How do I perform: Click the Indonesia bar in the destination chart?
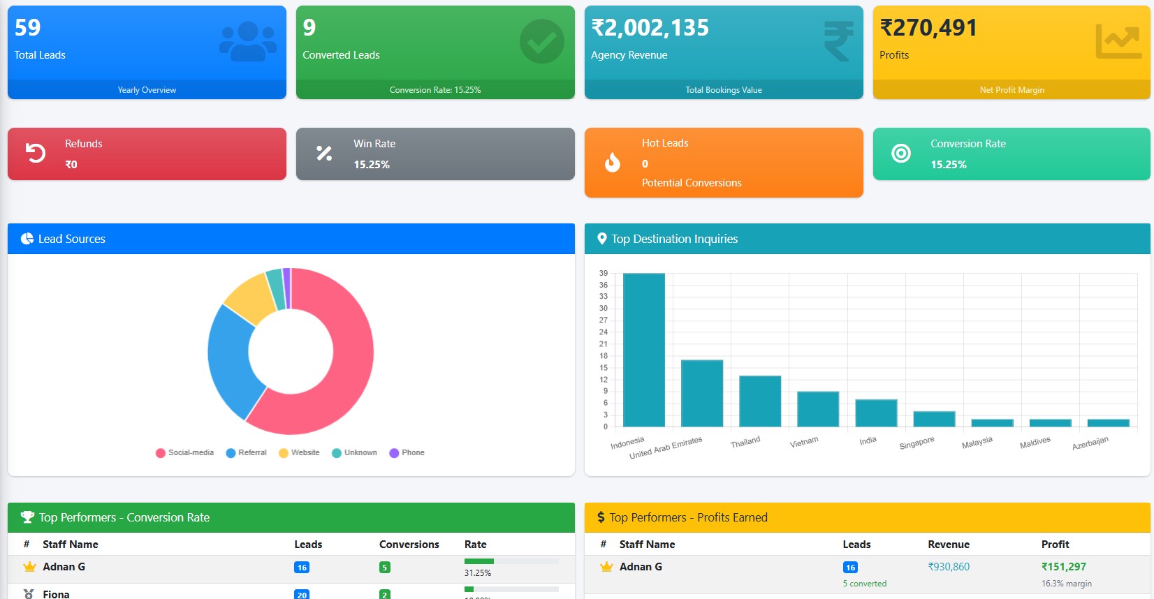click(x=643, y=349)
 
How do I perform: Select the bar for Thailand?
click(x=760, y=401)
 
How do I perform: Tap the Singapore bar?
click(x=934, y=419)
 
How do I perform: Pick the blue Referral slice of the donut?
click(x=231, y=356)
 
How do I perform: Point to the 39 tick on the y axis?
click(x=604, y=273)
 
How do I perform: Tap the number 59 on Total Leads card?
click(x=28, y=28)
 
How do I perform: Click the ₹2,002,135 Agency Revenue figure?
click(x=650, y=28)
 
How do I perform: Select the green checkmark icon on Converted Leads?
click(x=542, y=41)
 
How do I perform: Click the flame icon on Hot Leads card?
click(x=613, y=163)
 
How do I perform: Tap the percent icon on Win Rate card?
click(x=324, y=154)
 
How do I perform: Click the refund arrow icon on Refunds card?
click(x=36, y=153)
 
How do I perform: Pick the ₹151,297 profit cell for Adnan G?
click(x=1063, y=567)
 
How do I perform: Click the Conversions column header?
click(x=409, y=545)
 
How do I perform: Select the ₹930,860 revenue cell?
click(x=949, y=567)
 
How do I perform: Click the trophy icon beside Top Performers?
click(x=27, y=517)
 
